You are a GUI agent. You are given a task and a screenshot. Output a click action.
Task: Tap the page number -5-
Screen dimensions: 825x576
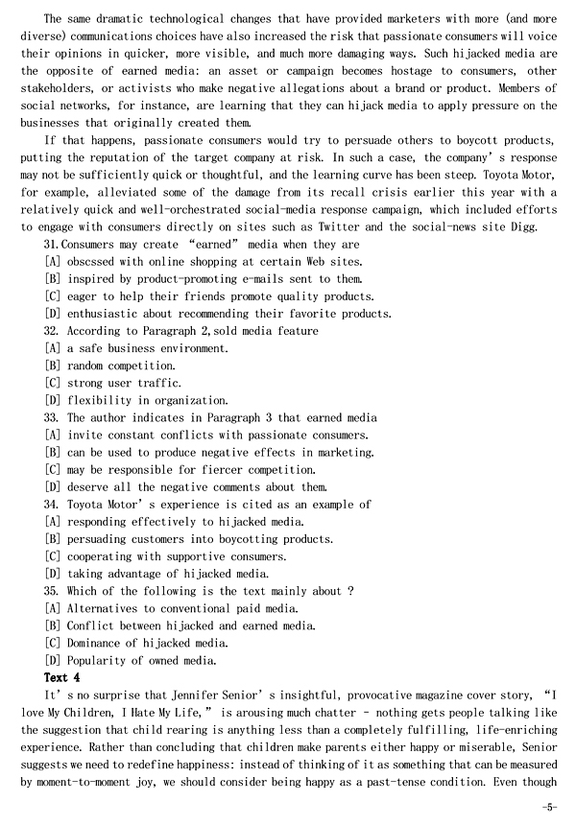pos(548,807)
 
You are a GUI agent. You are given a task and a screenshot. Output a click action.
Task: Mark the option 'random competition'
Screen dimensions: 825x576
pos(120,365)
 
